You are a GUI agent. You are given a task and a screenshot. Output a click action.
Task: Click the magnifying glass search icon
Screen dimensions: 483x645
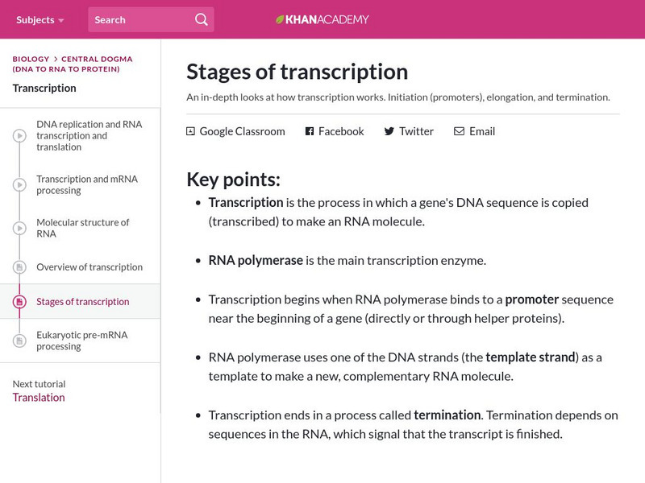pyautogui.click(x=201, y=20)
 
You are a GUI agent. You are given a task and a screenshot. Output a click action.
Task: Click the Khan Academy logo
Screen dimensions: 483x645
pyautogui.click(x=322, y=19)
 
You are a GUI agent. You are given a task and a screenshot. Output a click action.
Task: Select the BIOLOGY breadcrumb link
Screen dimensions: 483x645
pyautogui.click(x=31, y=59)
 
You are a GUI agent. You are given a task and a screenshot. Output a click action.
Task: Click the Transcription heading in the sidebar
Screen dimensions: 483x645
pyautogui.click(x=44, y=89)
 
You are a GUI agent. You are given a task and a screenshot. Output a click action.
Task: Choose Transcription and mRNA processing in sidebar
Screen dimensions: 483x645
pyautogui.click(x=87, y=185)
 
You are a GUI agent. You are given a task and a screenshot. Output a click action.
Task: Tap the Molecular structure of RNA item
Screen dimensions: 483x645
pyautogui.click(x=82, y=228)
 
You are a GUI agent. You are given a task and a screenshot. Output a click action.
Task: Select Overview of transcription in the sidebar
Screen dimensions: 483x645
pyautogui.click(x=89, y=267)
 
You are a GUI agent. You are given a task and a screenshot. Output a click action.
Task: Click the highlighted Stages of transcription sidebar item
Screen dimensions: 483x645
pyautogui.click(x=82, y=302)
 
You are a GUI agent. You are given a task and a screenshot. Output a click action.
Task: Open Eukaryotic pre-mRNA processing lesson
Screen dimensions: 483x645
pyautogui.click(x=81, y=341)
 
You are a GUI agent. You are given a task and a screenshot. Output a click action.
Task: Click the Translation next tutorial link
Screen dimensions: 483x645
pyautogui.click(x=39, y=398)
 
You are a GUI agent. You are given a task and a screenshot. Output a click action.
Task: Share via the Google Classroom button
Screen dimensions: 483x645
pyautogui.click(x=235, y=131)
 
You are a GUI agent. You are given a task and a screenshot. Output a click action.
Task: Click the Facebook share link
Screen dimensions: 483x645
pyautogui.click(x=335, y=131)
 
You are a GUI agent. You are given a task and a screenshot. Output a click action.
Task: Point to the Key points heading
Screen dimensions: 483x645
pyautogui.click(x=233, y=180)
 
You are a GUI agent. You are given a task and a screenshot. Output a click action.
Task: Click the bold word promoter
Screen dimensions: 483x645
pyautogui.click(x=531, y=299)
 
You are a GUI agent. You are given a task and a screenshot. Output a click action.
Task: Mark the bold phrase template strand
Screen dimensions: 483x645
pyautogui.click(x=531, y=357)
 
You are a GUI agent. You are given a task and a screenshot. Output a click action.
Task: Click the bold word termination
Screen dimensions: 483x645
pyautogui.click(x=447, y=415)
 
